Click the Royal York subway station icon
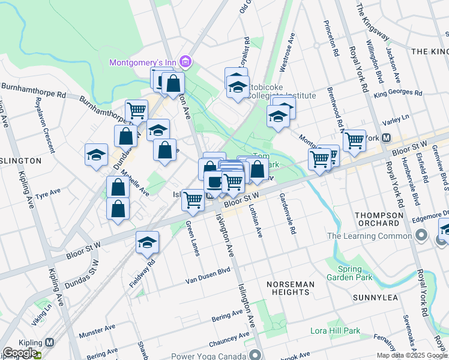(x=387, y=137)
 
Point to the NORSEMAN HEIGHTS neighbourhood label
(x=290, y=287)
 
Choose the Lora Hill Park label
(x=335, y=331)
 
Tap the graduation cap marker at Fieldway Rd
(x=147, y=242)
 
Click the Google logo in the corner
(x=20, y=353)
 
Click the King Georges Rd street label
(x=398, y=93)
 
